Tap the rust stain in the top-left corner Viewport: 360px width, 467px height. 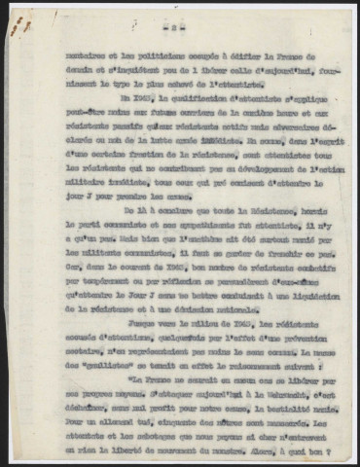pyautogui.click(x=15, y=23)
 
